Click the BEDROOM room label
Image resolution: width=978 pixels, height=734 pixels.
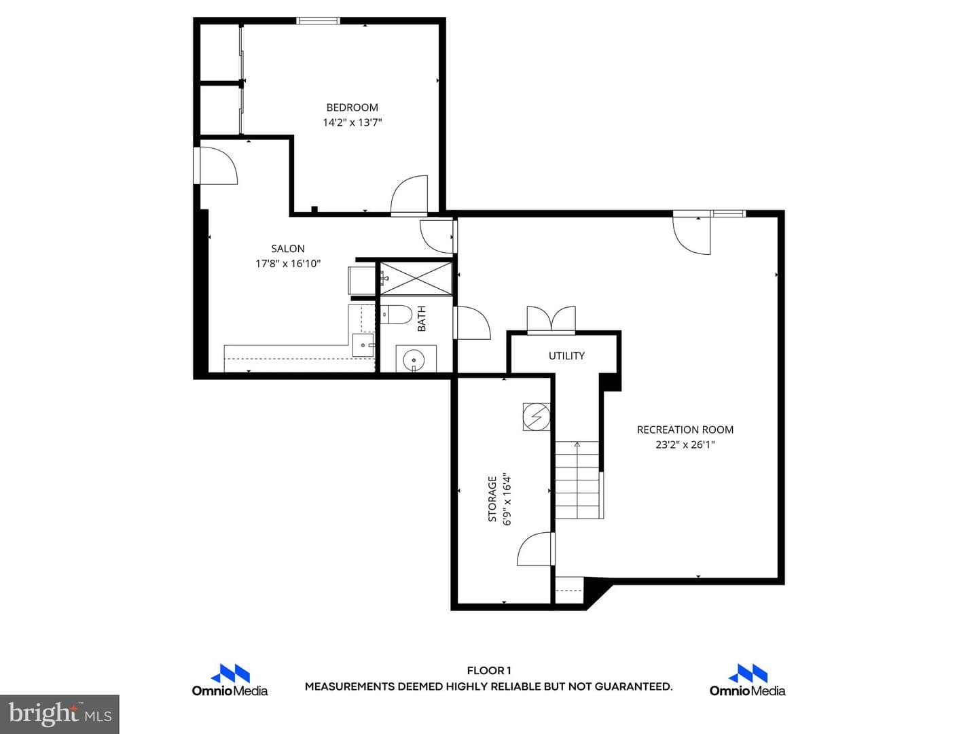click(x=352, y=107)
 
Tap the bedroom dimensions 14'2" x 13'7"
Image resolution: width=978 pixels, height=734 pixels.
click(x=352, y=122)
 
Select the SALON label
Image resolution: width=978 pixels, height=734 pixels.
click(x=288, y=249)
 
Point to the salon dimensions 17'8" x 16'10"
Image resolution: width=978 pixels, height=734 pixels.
click(x=288, y=264)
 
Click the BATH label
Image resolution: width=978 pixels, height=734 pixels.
click(x=422, y=319)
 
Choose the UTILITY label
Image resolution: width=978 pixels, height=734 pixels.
click(x=566, y=355)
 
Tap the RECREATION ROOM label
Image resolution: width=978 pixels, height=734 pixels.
click(x=685, y=430)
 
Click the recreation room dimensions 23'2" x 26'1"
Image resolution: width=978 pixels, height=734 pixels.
click(x=685, y=444)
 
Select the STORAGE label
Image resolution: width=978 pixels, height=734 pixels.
click(x=492, y=499)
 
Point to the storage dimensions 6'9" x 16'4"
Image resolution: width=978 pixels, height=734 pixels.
click(x=507, y=499)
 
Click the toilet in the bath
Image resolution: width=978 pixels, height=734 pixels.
click(x=396, y=315)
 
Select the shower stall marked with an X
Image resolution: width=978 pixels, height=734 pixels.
click(x=416, y=279)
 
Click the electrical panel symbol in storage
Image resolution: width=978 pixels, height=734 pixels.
click(x=537, y=417)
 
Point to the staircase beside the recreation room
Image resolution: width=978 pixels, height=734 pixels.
click(x=577, y=480)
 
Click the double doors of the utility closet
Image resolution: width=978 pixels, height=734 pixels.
click(x=551, y=319)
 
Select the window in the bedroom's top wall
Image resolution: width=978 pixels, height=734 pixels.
click(x=318, y=20)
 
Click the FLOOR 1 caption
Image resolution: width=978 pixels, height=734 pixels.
click(x=489, y=671)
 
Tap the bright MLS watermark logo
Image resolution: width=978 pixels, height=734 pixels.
click(x=60, y=714)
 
